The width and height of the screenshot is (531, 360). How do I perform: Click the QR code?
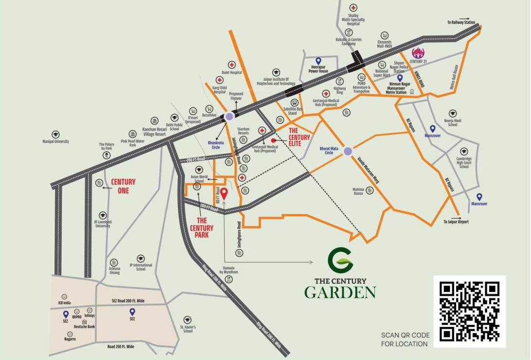click(469, 311)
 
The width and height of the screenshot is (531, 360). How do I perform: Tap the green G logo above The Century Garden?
click(339, 261)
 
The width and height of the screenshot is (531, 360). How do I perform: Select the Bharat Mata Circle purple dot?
click(347, 151)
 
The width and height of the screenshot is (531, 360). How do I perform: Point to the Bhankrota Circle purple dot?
click(229, 116)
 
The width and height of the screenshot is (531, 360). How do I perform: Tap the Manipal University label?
click(56, 141)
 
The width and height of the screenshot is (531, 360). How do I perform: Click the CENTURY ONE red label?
click(123, 186)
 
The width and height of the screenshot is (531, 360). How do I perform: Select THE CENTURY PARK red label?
click(201, 228)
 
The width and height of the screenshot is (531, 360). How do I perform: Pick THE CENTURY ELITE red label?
click(299, 137)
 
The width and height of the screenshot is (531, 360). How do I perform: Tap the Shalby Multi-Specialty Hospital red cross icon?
click(354, 8)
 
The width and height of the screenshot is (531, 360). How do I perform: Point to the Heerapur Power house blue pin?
click(319, 60)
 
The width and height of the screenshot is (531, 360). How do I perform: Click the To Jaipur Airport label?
click(456, 222)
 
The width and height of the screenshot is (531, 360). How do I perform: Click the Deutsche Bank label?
click(85, 326)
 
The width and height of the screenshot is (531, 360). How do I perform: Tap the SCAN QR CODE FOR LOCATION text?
click(405, 339)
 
